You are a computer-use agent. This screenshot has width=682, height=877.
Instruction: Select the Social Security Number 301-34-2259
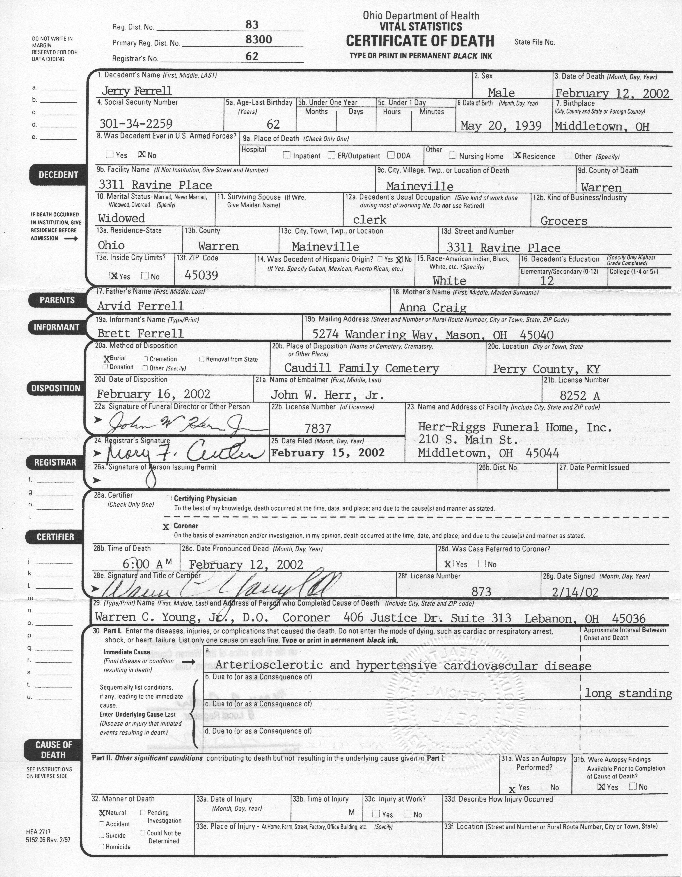136,124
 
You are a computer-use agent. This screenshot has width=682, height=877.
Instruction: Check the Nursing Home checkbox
453,155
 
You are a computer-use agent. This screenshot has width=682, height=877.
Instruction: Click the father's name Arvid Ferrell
140,306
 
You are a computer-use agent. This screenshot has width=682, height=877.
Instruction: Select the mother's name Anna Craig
433,308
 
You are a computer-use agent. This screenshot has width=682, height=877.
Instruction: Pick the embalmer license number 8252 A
580,396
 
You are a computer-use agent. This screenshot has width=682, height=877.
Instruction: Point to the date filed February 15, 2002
328,453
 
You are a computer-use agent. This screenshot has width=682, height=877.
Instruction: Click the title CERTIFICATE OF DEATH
420,41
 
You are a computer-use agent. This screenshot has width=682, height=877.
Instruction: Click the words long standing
628,693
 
